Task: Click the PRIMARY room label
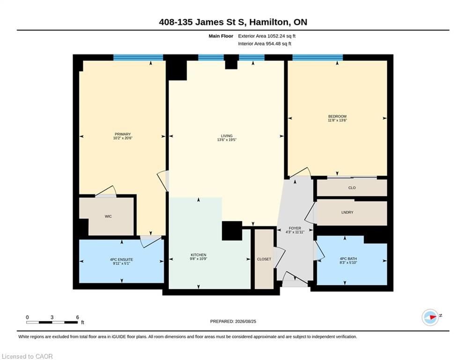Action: pyautogui.click(x=122, y=134)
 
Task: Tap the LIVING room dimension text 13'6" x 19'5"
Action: pyautogui.click(x=227, y=140)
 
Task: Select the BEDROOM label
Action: pyautogui.click(x=337, y=116)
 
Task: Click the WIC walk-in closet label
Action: pyautogui.click(x=108, y=216)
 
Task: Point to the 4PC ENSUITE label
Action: pyautogui.click(x=121, y=259)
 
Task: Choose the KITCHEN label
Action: pyautogui.click(x=199, y=255)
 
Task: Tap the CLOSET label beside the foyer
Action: pyautogui.click(x=264, y=259)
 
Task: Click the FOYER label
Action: pyautogui.click(x=295, y=228)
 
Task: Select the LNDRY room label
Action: pyautogui.click(x=347, y=212)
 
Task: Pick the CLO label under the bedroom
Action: pyautogui.click(x=352, y=188)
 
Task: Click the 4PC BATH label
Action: pyautogui.click(x=348, y=259)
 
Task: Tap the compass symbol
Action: pyautogui.click(x=430, y=317)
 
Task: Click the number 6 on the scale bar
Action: pyautogui.click(x=78, y=317)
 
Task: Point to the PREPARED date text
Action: pyautogui.click(x=233, y=321)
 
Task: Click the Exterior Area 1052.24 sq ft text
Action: pyautogui.click(x=266, y=36)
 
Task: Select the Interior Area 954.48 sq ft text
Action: pyautogui.click(x=265, y=44)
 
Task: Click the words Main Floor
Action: pyautogui.click(x=221, y=36)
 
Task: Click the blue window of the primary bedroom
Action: pyautogui.click(x=138, y=57)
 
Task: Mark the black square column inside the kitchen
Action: pyautogui.click(x=232, y=231)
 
